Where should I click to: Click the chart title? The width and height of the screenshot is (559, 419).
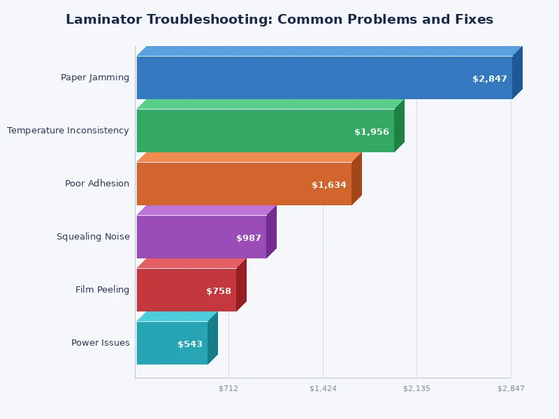279,20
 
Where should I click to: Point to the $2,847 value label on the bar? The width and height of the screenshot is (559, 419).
490,79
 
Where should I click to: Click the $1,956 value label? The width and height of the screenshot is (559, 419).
372,132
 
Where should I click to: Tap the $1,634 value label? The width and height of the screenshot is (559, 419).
329,185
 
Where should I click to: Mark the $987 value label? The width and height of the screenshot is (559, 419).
249,238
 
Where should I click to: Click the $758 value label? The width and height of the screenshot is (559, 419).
219,291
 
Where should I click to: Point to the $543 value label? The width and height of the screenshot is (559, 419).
190,344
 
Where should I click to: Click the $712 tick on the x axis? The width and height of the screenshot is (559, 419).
228,388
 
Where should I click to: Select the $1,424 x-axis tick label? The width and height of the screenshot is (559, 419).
323,388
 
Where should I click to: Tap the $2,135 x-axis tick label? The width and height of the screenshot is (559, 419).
416,388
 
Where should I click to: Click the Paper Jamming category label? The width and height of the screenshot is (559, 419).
95,78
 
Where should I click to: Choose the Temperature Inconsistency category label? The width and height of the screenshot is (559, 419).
68,131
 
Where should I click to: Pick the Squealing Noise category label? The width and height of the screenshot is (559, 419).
93,237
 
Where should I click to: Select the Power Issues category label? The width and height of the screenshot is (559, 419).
100,343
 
